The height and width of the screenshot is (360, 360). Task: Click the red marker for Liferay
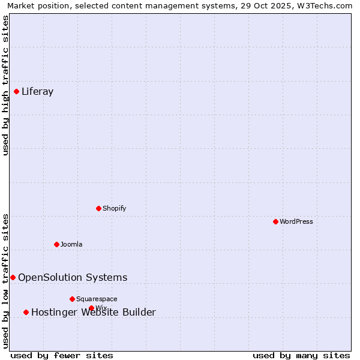[16, 91]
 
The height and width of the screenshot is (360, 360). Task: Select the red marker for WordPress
[275, 221]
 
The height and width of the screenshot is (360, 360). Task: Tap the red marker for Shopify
[98, 208]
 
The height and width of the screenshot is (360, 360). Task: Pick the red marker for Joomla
[56, 244]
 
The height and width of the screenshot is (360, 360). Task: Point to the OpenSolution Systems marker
[13, 277]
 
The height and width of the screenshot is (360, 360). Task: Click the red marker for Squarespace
[72, 299]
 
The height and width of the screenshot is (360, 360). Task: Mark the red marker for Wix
[91, 308]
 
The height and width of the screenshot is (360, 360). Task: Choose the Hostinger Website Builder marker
[26, 312]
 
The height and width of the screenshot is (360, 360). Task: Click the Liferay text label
[37, 92]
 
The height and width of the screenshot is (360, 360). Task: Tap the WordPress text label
[296, 221]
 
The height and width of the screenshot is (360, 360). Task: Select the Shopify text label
[114, 208]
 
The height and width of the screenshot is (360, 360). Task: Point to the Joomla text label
[71, 244]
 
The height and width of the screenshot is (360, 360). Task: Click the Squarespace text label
[97, 299]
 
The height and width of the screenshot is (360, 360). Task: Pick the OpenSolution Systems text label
[73, 277]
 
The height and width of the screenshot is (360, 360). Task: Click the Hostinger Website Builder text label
[93, 312]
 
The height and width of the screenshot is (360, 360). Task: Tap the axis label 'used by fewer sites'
[62, 355]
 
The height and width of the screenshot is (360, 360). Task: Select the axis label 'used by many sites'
[301, 355]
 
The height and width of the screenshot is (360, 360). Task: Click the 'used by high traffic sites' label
[6, 85]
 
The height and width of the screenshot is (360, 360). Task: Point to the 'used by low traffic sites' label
[6, 280]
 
